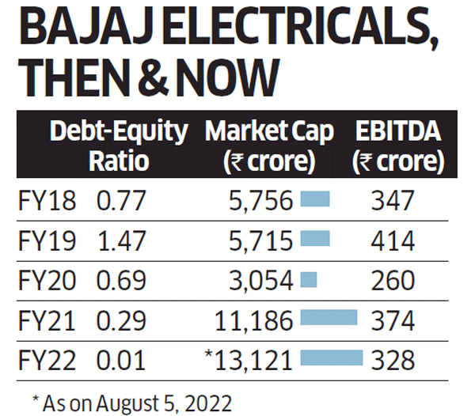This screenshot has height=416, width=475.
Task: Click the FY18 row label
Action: coord(47,201)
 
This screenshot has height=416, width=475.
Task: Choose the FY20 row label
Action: coord(47,280)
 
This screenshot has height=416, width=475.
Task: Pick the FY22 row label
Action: coord(47,360)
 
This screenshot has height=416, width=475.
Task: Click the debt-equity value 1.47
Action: coord(121,240)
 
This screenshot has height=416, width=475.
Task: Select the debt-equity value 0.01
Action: coord(121,360)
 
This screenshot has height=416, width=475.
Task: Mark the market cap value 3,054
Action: coord(264,280)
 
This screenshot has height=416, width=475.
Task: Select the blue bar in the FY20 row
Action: coord(310,280)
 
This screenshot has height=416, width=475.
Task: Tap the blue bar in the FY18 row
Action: coord(315,201)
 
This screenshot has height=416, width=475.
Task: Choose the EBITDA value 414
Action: coord(392,240)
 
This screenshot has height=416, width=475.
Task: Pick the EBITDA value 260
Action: coord(392,280)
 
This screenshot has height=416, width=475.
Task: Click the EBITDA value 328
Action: coord(392,360)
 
